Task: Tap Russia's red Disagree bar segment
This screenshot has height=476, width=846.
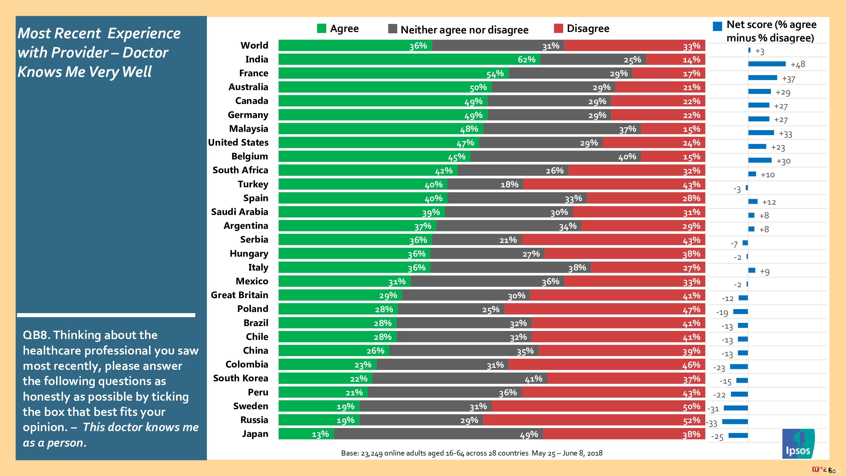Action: (594, 420)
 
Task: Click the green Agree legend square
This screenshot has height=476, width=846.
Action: (321, 28)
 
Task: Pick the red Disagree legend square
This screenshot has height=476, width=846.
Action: (558, 28)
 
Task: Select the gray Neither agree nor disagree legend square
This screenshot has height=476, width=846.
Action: (392, 29)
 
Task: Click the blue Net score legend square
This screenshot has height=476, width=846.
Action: (717, 26)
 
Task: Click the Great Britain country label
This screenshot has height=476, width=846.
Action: (239, 295)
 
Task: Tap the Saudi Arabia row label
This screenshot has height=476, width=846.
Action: (239, 212)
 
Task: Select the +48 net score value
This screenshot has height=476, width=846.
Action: (798, 64)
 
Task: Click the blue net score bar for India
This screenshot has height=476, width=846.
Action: (767, 64)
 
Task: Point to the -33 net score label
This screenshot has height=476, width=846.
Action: (712, 423)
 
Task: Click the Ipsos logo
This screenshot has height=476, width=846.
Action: (798, 443)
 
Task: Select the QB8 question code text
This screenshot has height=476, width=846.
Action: (36, 335)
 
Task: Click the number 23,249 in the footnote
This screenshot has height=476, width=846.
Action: (371, 453)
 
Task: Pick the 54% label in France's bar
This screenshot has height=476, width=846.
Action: (495, 74)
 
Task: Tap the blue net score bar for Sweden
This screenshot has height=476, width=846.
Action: (736, 408)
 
